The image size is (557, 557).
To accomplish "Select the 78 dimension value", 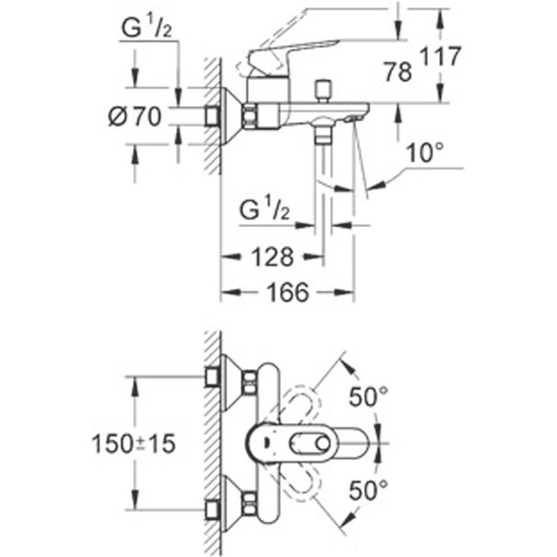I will pos(399,72).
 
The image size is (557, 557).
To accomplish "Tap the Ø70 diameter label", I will pos(135,117).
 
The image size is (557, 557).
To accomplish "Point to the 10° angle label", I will pos(425,152).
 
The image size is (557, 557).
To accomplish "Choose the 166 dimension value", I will pos(288,292).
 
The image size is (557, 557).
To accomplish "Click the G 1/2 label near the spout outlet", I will pos(265,211).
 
